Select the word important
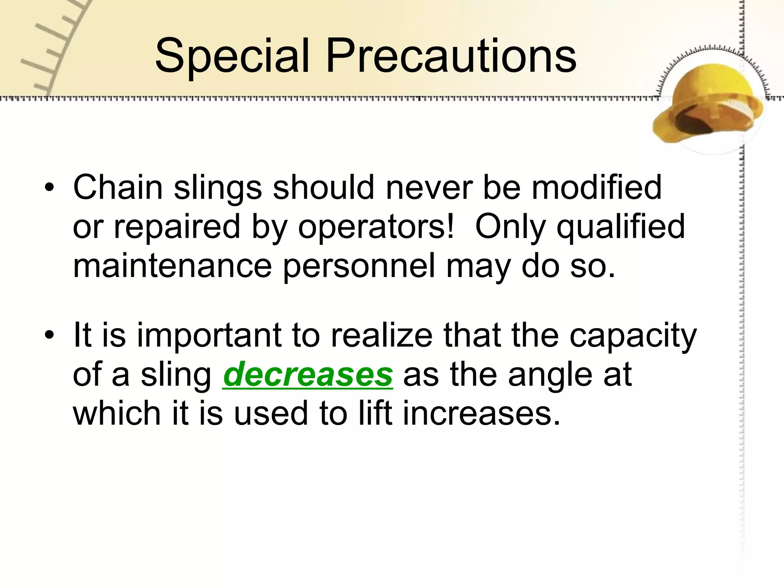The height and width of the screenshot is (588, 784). pos(209,335)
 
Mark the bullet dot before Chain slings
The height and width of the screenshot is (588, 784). pos(49,188)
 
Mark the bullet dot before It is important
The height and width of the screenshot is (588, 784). pos(49,335)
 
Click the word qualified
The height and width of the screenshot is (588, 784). pos(620,227)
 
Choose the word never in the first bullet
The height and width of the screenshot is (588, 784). pos(429,187)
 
